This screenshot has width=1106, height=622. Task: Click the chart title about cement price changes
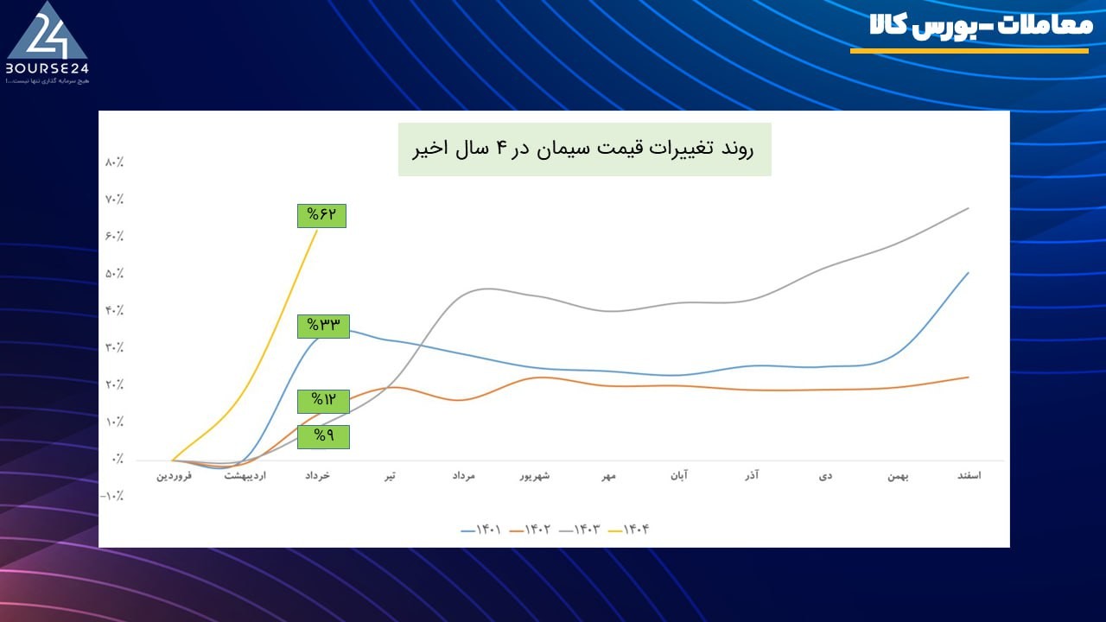tap(584, 149)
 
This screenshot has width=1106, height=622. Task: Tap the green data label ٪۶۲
tap(321, 215)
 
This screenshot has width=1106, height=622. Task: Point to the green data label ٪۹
tap(323, 436)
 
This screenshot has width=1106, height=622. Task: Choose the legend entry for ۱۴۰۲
tap(532, 530)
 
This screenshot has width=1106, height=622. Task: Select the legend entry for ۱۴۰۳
tap(582, 530)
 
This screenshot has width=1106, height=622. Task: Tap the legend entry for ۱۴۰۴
tap(630, 530)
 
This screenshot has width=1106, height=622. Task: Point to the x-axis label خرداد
tap(319, 476)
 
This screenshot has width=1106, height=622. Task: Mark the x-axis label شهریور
tap(536, 476)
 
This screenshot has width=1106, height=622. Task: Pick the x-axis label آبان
tap(680, 476)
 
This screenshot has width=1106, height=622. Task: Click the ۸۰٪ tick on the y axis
tap(115, 162)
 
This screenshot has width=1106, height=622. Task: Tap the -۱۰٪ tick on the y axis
tap(113, 497)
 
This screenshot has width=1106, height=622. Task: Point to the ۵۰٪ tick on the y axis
tap(115, 274)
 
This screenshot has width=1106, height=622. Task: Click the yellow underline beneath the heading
tap(969, 51)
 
